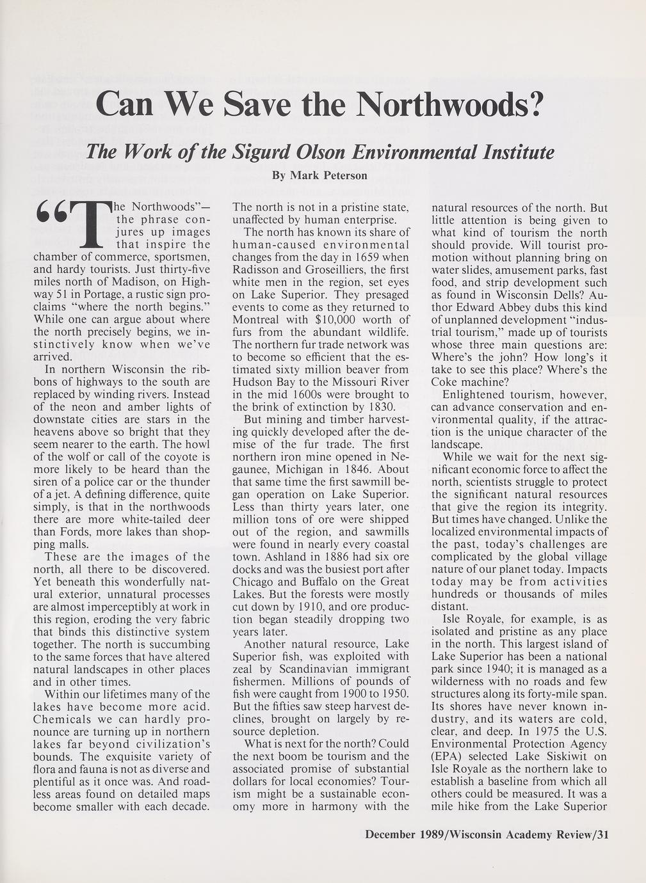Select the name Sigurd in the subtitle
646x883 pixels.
(x=257, y=152)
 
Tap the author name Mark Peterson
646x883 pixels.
(x=319, y=175)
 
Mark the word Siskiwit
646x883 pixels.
(x=547, y=756)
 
